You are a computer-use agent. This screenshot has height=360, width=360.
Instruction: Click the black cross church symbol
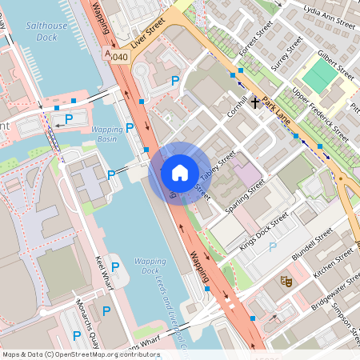(x=256, y=102)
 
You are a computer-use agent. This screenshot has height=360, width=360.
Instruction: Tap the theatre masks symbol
(x=284, y=281)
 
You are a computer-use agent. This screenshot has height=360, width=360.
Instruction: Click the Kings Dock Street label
(x=263, y=232)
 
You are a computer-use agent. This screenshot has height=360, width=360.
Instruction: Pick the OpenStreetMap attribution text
(x=81, y=354)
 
